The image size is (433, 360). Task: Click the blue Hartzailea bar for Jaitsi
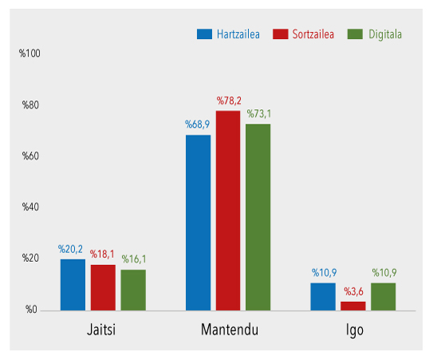click(73, 284)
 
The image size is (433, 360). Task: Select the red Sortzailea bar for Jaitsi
click(102, 287)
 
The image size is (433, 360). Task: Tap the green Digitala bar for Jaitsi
click(133, 290)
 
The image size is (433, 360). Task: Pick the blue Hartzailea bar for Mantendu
click(198, 222)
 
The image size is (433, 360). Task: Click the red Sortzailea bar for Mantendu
click(227, 210)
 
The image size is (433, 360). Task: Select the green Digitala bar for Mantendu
click(258, 216)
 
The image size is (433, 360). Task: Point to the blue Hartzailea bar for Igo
click(323, 296)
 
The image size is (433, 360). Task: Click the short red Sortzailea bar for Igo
click(352, 305)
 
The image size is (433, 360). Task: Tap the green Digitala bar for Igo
click(383, 296)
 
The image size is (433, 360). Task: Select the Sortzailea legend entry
click(303, 34)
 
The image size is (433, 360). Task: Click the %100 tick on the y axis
click(30, 53)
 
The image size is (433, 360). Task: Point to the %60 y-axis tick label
click(30, 156)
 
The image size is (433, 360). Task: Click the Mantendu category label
click(228, 329)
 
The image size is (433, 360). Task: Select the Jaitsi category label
click(103, 329)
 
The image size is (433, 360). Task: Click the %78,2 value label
click(228, 101)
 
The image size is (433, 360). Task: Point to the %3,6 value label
click(353, 293)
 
